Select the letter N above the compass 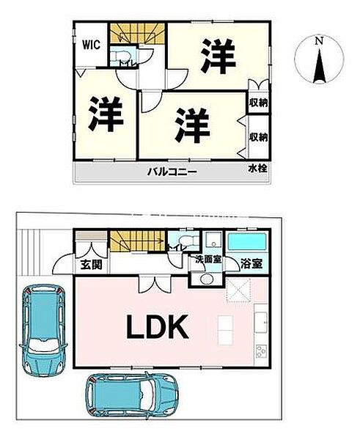(319, 41)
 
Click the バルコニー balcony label (172, 172)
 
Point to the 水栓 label (256, 171)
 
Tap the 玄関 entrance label (89, 265)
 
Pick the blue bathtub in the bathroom (250, 242)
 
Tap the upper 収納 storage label (257, 102)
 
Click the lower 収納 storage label (257, 136)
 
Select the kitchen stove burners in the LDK (261, 351)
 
